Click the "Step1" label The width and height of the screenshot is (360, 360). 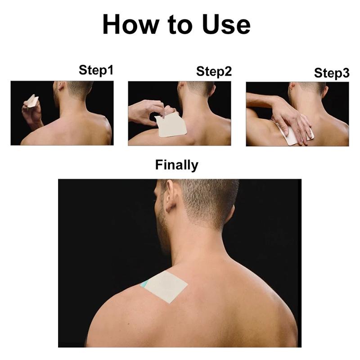96,70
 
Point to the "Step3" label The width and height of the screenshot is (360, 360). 331,73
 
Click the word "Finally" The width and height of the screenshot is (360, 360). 176,165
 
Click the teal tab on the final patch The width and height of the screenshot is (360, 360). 145,284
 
